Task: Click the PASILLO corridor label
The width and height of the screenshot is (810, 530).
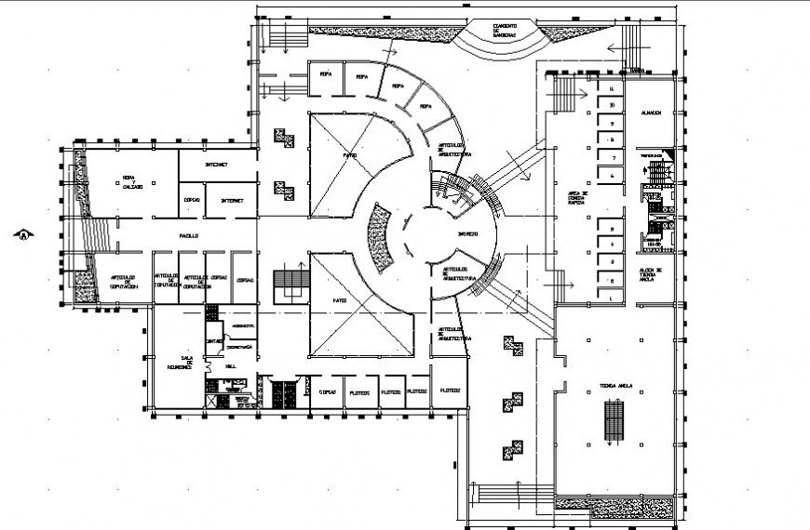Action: pyautogui.click(x=190, y=236)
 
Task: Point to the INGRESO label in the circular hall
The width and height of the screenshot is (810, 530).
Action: pyautogui.click(x=466, y=233)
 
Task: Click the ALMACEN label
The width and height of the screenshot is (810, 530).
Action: pyautogui.click(x=651, y=113)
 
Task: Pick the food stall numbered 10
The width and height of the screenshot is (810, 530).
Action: pyautogui.click(x=611, y=105)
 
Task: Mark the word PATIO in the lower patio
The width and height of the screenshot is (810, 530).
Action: pyautogui.click(x=340, y=300)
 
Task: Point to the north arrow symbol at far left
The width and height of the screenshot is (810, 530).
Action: pyautogui.click(x=20, y=234)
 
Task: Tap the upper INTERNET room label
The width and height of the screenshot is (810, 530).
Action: pyautogui.click(x=217, y=164)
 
